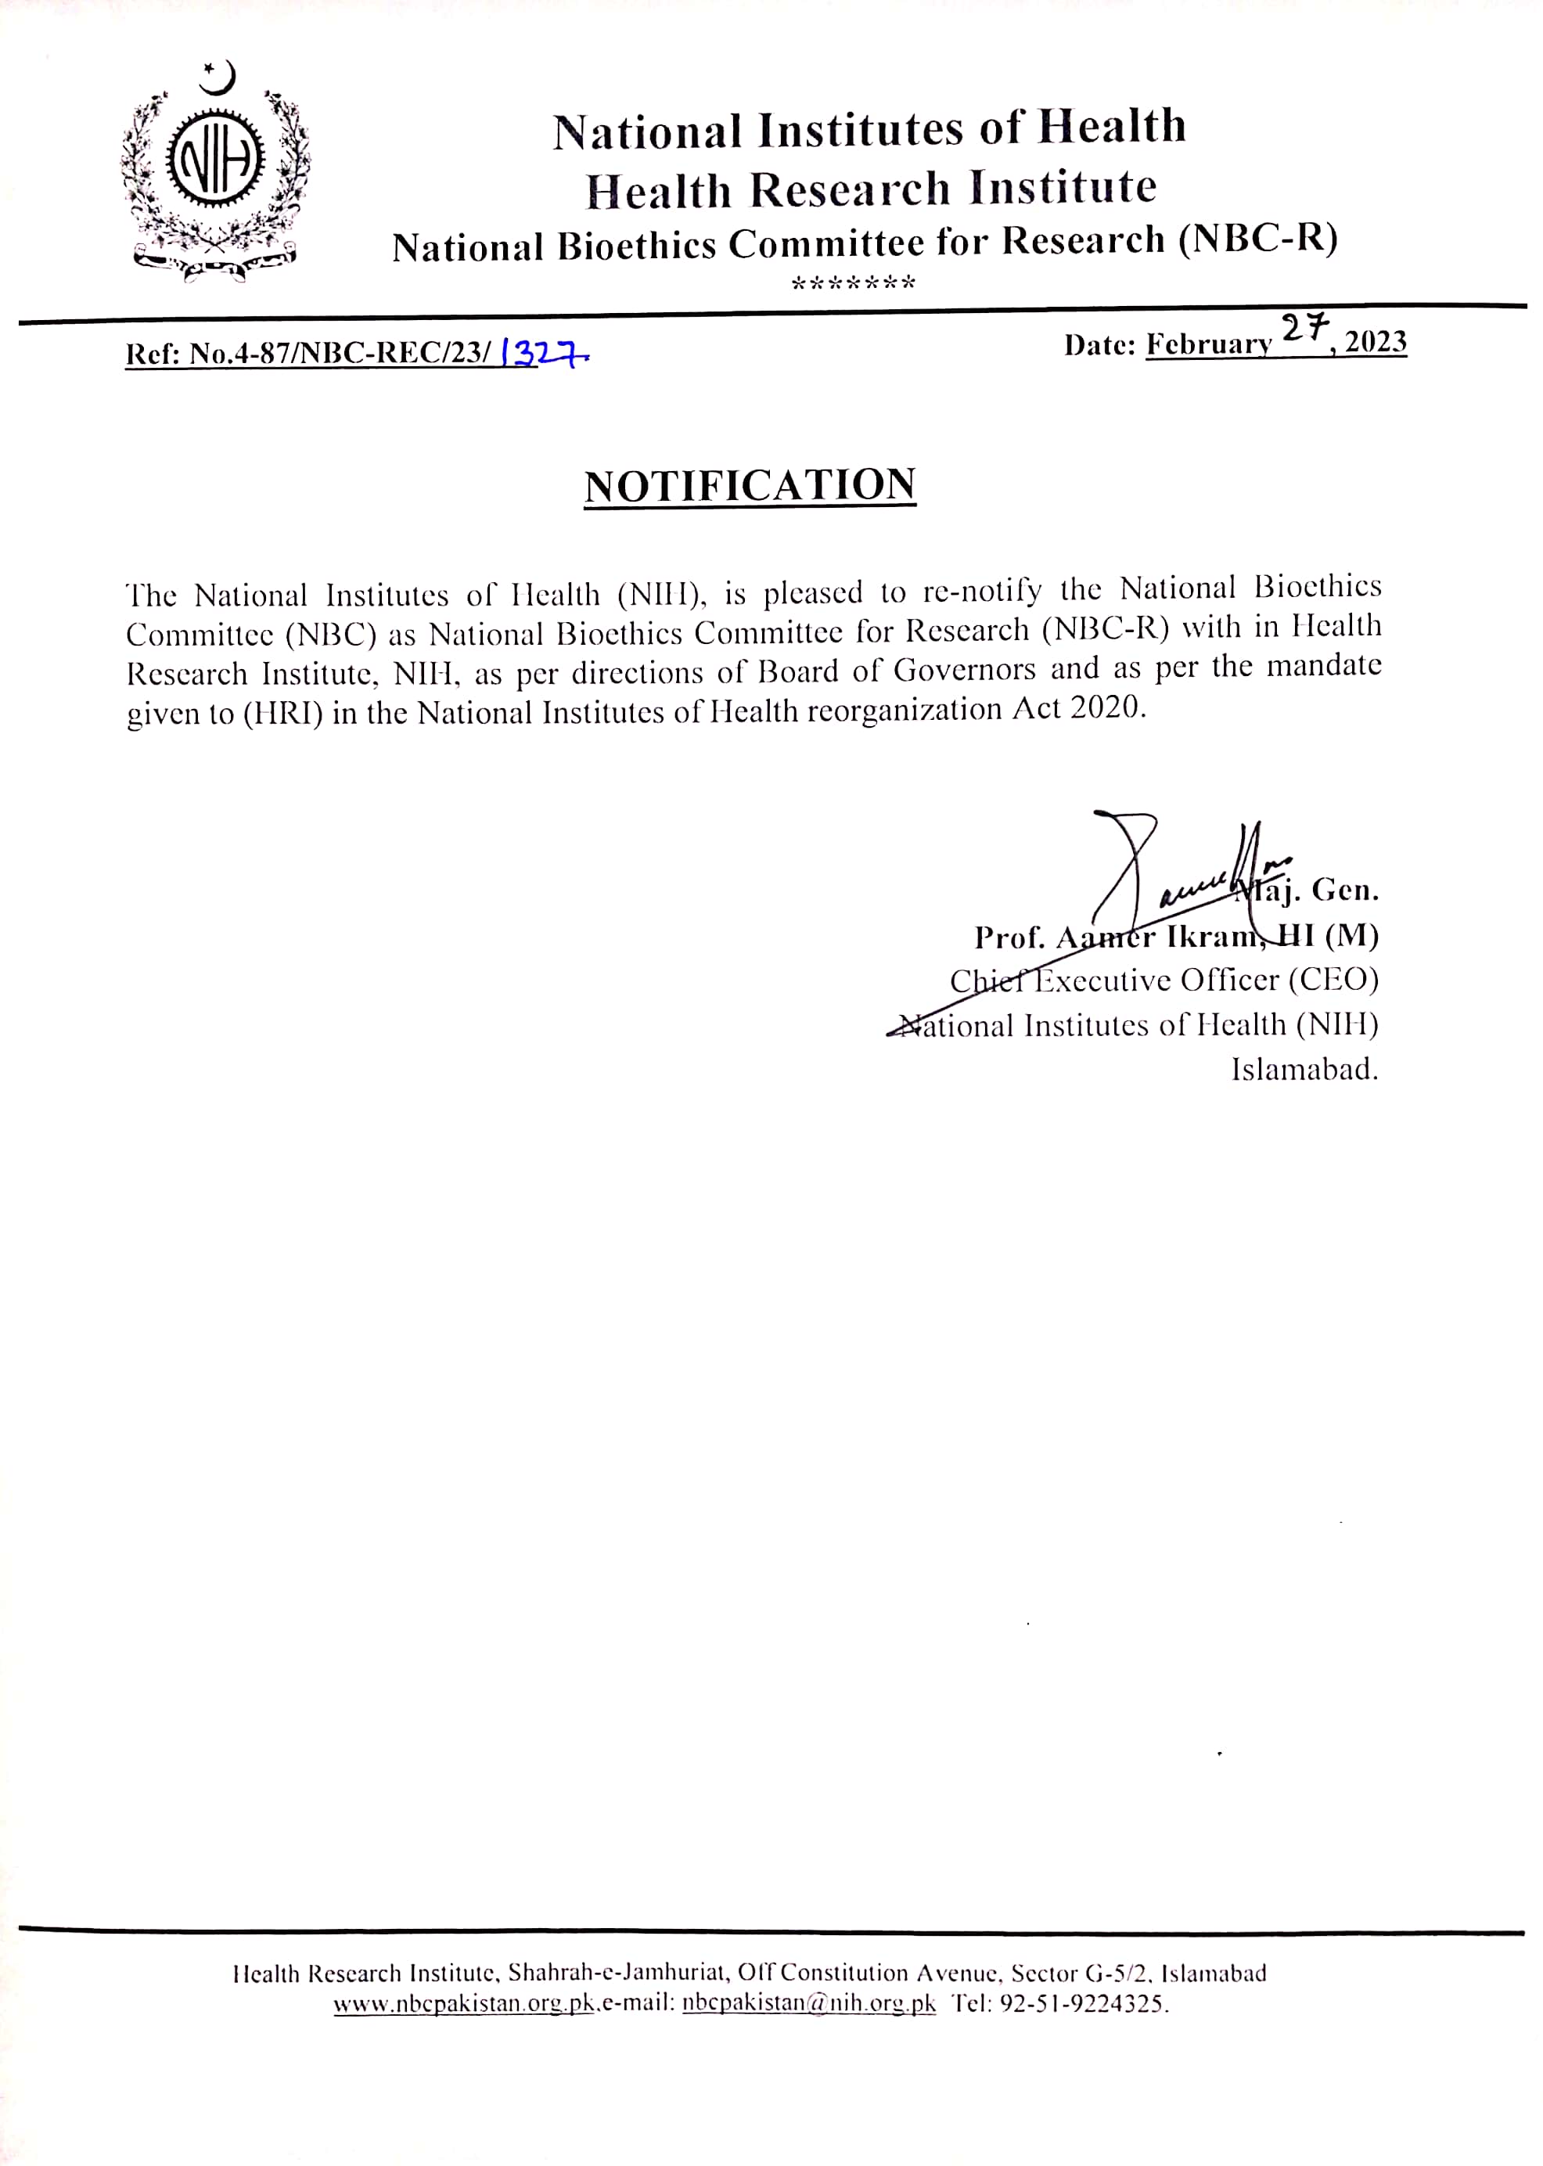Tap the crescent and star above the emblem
click(218, 77)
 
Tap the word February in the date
click(1209, 344)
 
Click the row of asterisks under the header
click(853, 282)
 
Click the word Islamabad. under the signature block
click(1304, 1070)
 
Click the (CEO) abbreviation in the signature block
click(1333, 980)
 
